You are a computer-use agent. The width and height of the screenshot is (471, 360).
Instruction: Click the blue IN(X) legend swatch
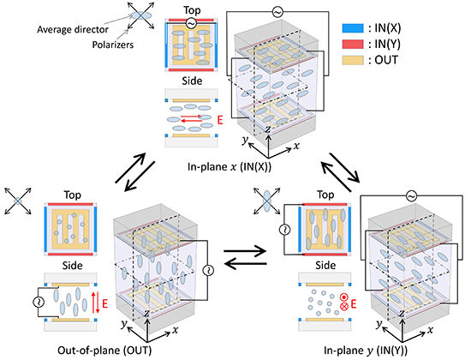[x=353, y=28]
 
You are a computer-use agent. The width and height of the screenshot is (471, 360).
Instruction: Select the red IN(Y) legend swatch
[x=353, y=45]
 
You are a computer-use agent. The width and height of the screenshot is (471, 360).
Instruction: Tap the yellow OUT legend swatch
[x=353, y=61]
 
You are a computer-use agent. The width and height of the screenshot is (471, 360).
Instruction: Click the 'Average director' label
[x=73, y=29]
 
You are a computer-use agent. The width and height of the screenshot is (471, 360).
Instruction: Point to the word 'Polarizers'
[x=113, y=45]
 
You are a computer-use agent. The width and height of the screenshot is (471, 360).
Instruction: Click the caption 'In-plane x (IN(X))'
[x=230, y=166]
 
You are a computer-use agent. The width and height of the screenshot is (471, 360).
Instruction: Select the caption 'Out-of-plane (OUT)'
[x=104, y=351]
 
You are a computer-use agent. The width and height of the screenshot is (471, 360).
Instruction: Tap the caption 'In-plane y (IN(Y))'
[x=366, y=351]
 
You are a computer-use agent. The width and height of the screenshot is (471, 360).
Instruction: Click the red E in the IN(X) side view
[x=220, y=120]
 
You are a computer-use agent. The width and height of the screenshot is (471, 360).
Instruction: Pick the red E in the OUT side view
[x=104, y=303]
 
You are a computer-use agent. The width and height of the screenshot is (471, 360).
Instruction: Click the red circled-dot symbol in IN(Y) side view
[x=344, y=297]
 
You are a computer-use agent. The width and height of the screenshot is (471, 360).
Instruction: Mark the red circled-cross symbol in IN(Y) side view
[x=344, y=307]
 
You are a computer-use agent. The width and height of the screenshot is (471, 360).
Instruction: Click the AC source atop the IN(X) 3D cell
[x=277, y=12]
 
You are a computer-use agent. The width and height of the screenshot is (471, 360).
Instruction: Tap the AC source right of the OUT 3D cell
[x=208, y=270]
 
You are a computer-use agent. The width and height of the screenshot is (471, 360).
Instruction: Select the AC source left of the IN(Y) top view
[x=284, y=230]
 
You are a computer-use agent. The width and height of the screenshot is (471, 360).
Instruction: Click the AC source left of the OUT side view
[x=39, y=303]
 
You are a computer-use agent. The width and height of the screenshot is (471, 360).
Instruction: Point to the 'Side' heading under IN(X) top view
[x=192, y=81]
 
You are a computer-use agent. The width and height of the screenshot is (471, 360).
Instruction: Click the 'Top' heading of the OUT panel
[x=73, y=195]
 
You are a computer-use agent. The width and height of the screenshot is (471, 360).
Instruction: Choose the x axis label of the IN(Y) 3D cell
[x=431, y=330]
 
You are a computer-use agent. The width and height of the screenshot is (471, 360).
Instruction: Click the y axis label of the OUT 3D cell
[x=123, y=324]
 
